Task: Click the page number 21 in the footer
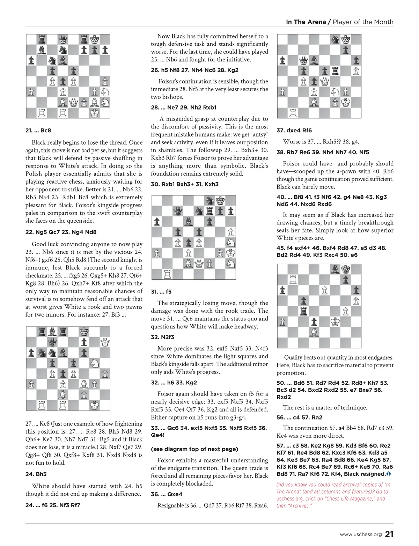click(x=389, y=534)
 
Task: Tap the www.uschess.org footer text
click(x=361, y=534)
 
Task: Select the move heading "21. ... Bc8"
click(x=38, y=131)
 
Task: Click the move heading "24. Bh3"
click(x=36, y=474)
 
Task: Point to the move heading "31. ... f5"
click(x=161, y=292)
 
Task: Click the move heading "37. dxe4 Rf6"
click(x=294, y=131)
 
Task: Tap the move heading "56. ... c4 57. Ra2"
click(x=299, y=418)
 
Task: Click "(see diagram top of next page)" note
click(x=194, y=449)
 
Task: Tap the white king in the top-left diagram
click(x=94, y=113)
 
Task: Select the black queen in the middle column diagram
click(x=178, y=211)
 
